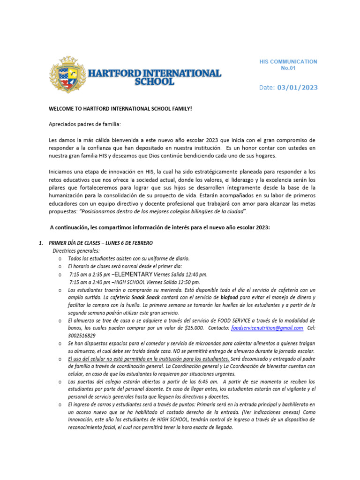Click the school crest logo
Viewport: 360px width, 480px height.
coord(68,75)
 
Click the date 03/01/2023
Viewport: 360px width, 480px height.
coord(297,87)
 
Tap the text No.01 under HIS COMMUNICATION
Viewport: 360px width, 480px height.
coord(288,68)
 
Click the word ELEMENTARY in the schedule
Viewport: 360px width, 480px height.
coord(134,274)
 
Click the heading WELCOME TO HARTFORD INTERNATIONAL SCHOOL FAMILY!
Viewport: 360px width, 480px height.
coord(120,109)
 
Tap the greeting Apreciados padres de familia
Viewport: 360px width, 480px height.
coord(84,125)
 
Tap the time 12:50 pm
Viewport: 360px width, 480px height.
coord(189,282)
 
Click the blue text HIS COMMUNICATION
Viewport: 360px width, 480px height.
coord(288,61)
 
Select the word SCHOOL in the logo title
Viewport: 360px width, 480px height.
coord(154,82)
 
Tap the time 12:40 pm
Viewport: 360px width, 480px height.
coord(197,274)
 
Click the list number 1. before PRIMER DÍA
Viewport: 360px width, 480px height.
coord(40,243)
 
